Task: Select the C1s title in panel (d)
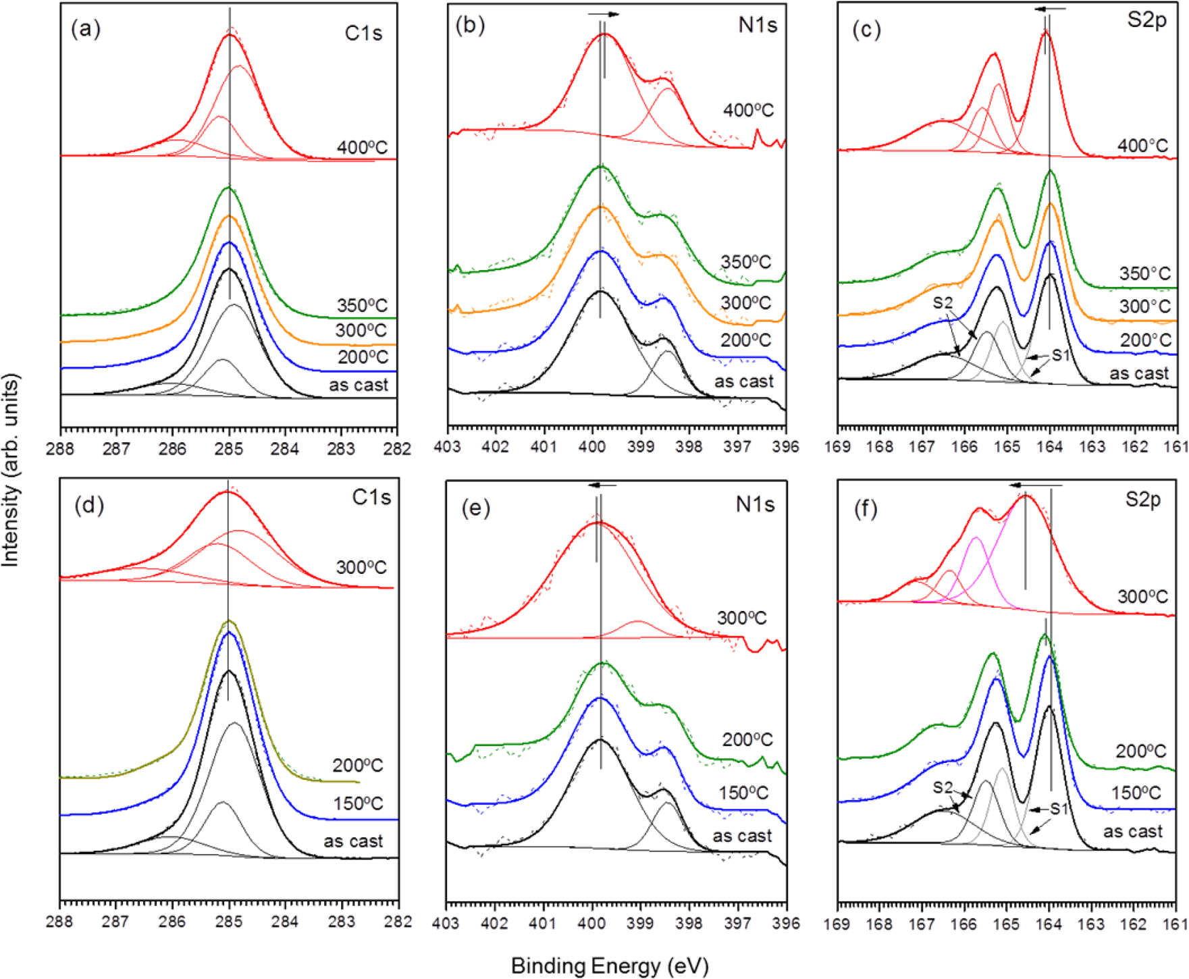[x=371, y=498]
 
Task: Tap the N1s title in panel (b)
[x=758, y=26]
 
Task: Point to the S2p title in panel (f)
[x=1142, y=499]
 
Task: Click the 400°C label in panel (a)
[x=363, y=147]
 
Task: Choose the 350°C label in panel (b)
[x=745, y=262]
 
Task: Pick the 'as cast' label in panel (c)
[x=1139, y=373]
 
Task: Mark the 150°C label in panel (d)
[x=358, y=804]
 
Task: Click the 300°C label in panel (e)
[x=741, y=618]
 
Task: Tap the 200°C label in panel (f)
[x=1140, y=751]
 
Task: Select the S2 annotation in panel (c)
[x=943, y=303]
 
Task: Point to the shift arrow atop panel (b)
[x=603, y=14]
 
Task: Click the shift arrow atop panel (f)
[x=1036, y=485]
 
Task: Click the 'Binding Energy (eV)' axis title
[x=610, y=966]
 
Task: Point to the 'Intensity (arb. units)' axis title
[x=11, y=470]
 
